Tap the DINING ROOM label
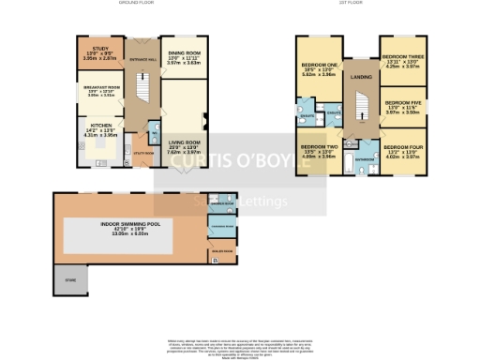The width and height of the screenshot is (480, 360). point(183,52)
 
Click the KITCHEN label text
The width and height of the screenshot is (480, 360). point(100,124)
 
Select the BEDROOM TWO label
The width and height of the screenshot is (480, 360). point(319,147)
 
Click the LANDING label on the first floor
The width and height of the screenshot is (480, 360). point(361,76)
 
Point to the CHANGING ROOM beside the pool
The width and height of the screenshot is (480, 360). point(222,228)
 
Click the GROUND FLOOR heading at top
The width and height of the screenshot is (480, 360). point(137,4)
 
